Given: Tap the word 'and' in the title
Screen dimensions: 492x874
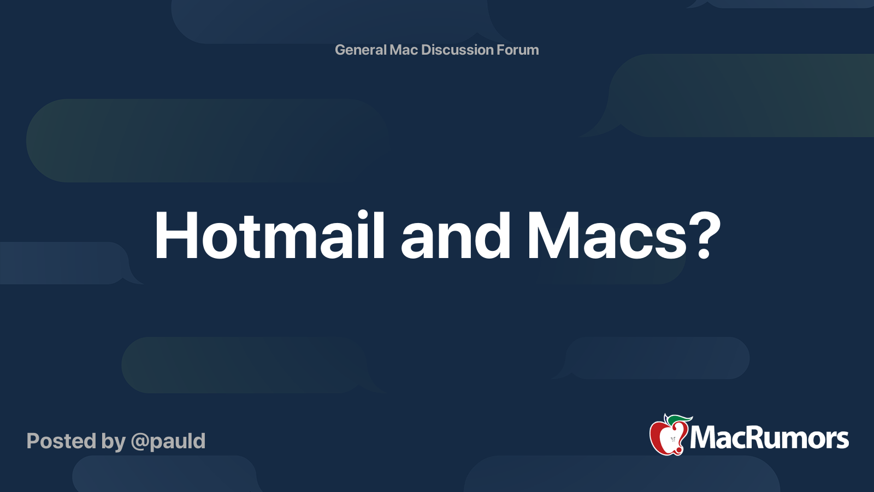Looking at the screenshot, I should [x=456, y=236].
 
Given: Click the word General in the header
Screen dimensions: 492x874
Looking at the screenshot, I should [x=361, y=50].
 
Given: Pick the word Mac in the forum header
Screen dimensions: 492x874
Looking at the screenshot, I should [x=404, y=50].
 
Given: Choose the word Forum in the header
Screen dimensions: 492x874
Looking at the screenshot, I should [x=518, y=50].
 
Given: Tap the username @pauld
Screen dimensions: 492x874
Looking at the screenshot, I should [x=168, y=441].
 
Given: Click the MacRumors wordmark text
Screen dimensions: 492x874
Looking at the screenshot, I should [x=769, y=438].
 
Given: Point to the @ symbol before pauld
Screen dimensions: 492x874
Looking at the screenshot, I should [x=140, y=442].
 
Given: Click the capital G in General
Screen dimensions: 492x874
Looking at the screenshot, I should [x=340, y=50].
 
